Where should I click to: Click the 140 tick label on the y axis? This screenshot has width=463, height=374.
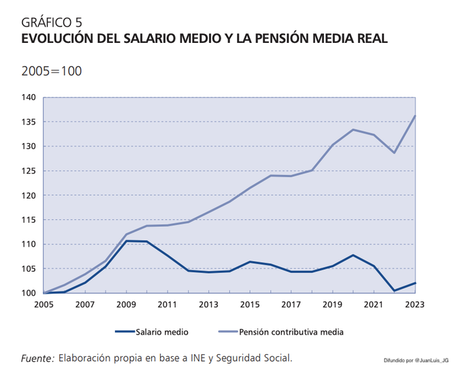(28, 97)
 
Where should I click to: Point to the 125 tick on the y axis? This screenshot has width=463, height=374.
(28, 171)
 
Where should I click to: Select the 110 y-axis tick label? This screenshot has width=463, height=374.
(28, 245)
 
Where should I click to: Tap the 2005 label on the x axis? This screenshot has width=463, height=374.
(43, 305)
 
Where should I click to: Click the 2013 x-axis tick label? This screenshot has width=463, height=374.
(208, 305)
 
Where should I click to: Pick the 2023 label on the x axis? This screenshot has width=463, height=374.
(415, 305)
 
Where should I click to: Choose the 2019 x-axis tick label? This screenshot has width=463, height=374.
(332, 305)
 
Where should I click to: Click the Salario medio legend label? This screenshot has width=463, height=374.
(162, 332)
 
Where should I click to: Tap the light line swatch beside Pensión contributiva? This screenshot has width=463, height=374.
(229, 332)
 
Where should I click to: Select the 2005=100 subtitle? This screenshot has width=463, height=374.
(52, 71)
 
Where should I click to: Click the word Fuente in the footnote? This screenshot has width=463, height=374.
(37, 358)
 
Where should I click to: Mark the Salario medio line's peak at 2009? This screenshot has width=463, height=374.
(126, 241)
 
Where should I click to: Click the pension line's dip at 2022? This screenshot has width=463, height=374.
(394, 153)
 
